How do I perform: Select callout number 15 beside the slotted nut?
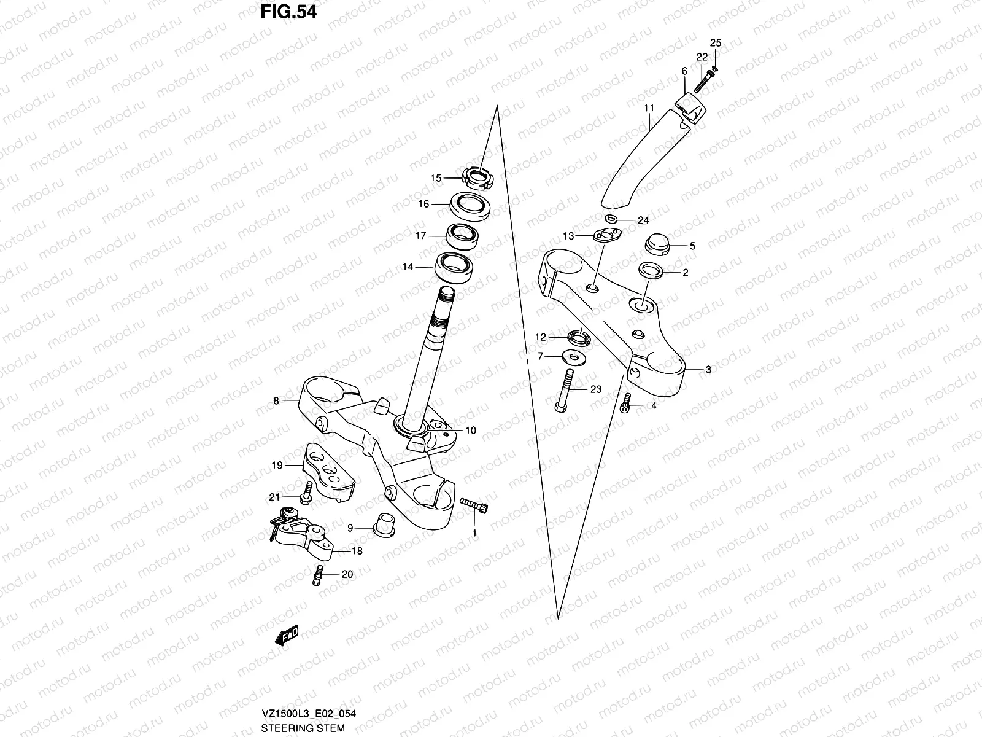pos(436,178)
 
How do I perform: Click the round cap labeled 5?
pos(657,245)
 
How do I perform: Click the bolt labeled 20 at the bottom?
pos(318,574)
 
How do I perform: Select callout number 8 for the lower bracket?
pos(276,401)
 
